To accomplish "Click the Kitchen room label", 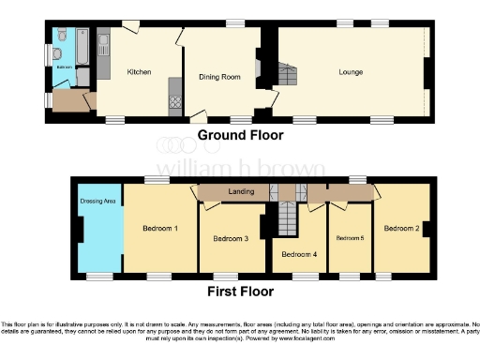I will click(x=139, y=71).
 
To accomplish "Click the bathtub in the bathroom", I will click(x=80, y=46).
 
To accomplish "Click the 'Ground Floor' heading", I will click(x=239, y=136).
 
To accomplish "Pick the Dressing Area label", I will click(x=97, y=200).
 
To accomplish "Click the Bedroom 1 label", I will click(x=160, y=228).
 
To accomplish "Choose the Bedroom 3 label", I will click(x=231, y=238).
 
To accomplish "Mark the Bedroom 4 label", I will click(x=299, y=254).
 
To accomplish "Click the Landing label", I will click(x=241, y=193).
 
